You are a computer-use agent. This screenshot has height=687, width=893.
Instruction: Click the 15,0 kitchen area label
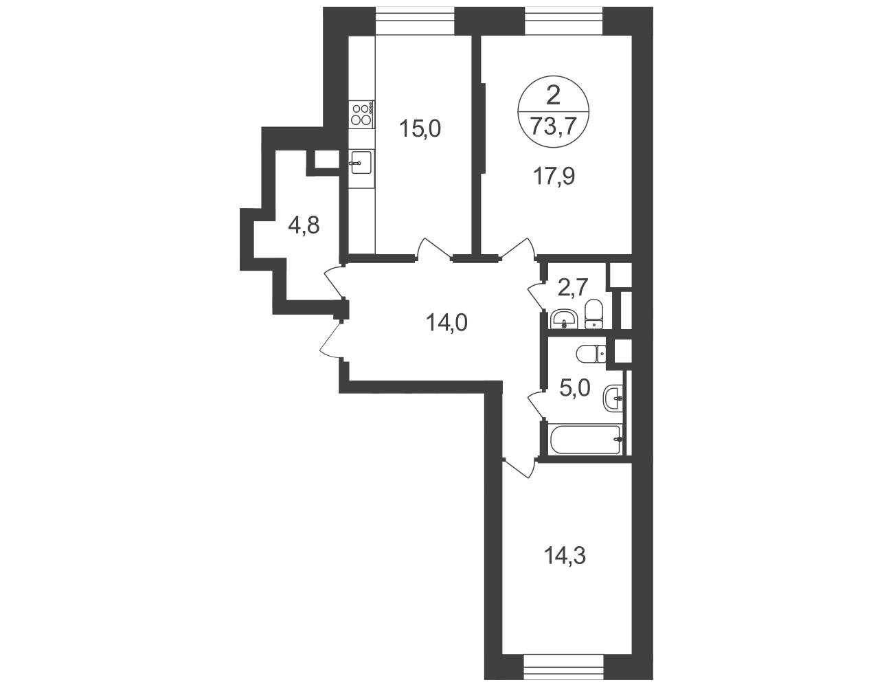(420, 128)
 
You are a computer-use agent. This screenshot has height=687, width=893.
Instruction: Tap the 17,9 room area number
(554, 176)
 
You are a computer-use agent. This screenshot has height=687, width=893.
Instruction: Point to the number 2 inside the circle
(554, 97)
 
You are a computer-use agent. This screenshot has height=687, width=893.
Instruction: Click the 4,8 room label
(304, 225)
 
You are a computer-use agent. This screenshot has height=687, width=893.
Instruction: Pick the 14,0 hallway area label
(447, 322)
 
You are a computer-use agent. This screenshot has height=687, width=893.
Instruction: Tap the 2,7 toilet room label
(574, 287)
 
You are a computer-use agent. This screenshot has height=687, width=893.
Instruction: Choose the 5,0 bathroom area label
(575, 387)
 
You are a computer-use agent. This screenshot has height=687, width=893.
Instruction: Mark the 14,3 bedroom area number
(565, 556)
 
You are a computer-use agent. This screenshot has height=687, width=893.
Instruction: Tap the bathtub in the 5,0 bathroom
(585, 440)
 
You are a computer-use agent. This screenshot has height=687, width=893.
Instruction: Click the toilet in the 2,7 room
(594, 315)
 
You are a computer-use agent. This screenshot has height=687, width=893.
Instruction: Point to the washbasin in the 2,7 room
(564, 319)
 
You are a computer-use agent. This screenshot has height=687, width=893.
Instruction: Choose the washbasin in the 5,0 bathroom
(614, 398)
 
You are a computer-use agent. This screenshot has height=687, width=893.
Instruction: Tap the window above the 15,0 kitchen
(415, 21)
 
